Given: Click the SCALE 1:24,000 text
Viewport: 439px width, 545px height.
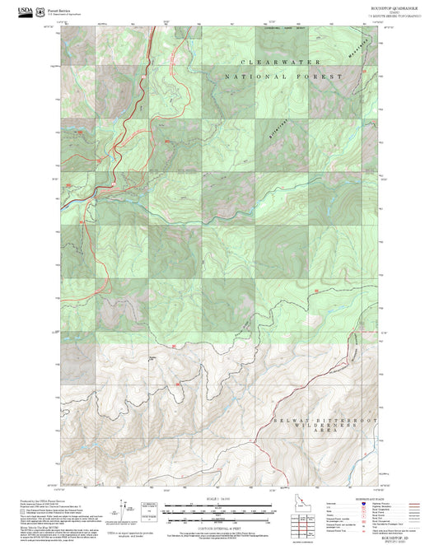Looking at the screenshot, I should tap(219, 500).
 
